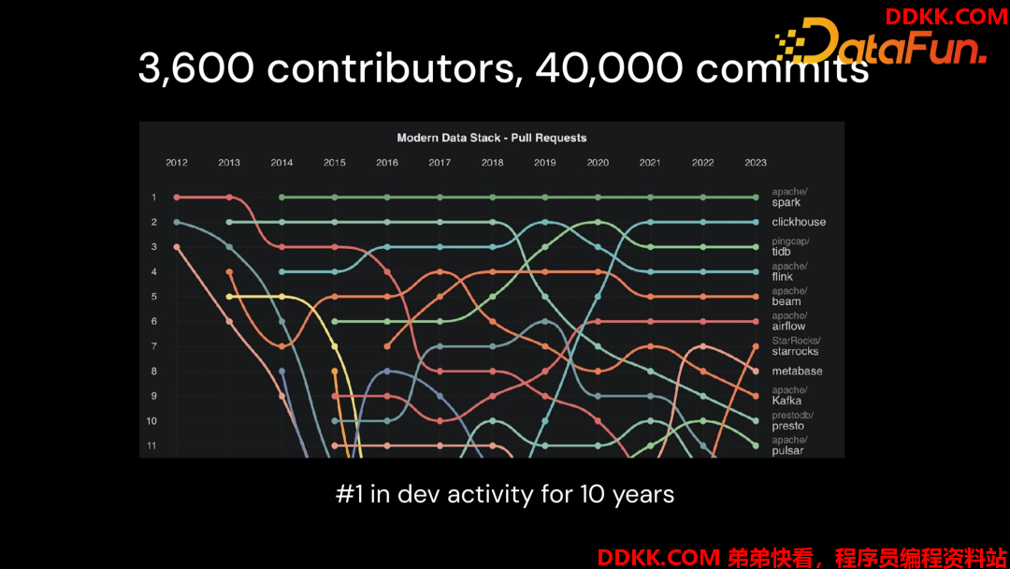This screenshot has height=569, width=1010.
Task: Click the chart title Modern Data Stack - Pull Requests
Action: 492,138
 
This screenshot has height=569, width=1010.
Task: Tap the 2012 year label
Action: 177,163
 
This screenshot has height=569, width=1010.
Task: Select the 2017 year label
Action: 440,163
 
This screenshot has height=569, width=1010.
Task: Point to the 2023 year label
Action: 756,163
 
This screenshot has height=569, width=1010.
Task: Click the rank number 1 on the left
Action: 154,197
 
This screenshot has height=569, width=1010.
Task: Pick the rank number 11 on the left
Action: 151,445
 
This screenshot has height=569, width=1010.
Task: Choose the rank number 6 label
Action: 154,321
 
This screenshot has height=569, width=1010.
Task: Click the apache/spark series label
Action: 789,197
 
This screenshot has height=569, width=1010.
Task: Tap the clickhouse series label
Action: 799,222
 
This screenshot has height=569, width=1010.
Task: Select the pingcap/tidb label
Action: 790,247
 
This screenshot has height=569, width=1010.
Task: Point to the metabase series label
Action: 797,372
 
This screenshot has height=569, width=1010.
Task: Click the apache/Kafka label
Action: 789,396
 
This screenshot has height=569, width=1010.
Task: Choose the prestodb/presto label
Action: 792,421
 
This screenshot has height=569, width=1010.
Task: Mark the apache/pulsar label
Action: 789,445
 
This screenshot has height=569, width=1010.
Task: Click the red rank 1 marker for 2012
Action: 177,197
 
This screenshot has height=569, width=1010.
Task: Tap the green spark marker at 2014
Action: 281,197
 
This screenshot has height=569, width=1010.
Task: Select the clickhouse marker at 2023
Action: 756,222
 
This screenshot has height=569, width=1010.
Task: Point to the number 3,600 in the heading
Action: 196,67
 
